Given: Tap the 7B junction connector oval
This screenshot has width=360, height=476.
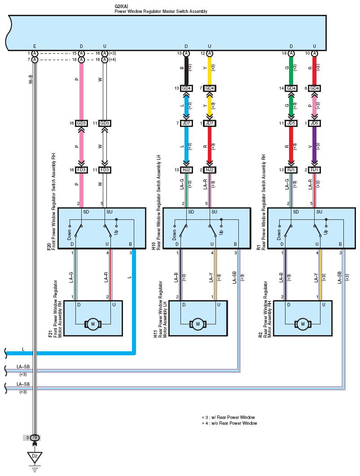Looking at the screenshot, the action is (x=35, y=438).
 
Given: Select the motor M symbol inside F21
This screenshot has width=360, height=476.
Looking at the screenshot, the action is (x=92, y=324).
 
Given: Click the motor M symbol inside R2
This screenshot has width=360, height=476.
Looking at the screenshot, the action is (x=303, y=324).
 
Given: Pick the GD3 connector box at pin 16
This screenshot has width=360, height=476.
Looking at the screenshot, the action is (x=81, y=123).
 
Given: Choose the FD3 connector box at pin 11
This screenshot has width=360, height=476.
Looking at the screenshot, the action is (x=105, y=170).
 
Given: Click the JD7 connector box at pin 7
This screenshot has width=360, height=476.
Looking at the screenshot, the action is (x=186, y=123).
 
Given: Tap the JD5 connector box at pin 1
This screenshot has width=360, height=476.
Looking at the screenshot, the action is (x=314, y=123).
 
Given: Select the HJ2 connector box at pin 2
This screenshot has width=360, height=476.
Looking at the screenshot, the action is (x=210, y=170).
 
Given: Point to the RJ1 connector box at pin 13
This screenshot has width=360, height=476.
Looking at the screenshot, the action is (x=291, y=170).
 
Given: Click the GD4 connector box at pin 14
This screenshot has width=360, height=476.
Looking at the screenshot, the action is (x=291, y=88).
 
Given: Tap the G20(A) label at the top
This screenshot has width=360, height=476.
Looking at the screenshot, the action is (x=122, y=6).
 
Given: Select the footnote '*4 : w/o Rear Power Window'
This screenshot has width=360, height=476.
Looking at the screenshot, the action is (x=230, y=423).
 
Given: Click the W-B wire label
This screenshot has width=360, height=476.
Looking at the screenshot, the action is (x=31, y=79).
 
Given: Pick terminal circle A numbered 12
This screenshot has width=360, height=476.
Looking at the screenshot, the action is (x=210, y=53).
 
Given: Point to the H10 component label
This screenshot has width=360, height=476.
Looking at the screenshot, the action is (x=154, y=246).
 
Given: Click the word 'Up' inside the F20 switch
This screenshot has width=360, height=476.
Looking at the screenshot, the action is (x=116, y=232).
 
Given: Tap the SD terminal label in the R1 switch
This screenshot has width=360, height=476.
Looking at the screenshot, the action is (x=296, y=212).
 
